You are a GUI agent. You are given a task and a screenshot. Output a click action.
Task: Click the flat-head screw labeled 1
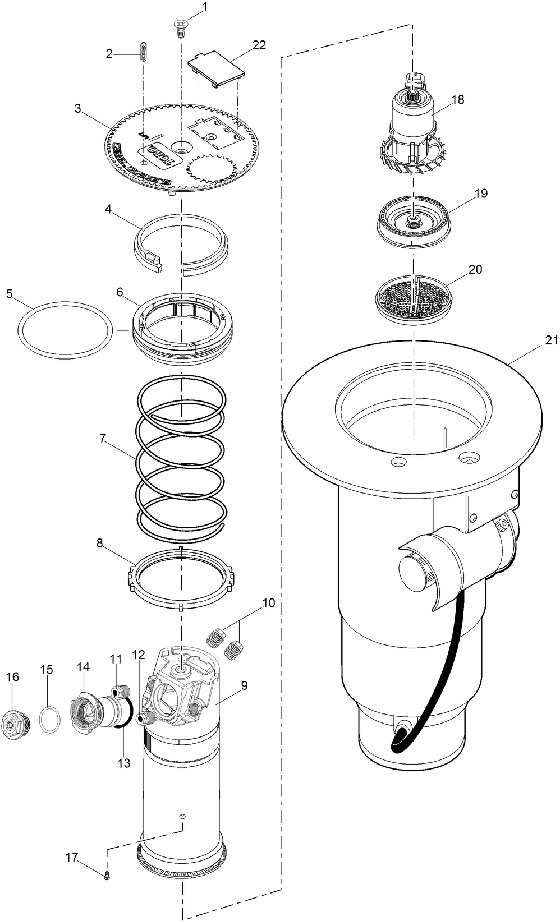pos(181,27)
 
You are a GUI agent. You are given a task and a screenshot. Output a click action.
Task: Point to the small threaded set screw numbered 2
pos(143,53)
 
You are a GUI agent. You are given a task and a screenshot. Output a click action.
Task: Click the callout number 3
pos(77,108)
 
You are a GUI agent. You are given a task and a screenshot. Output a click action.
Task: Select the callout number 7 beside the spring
pos(102,439)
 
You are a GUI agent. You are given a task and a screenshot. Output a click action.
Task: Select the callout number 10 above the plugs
pos(268,603)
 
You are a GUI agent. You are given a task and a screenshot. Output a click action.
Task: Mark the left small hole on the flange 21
pos(398,463)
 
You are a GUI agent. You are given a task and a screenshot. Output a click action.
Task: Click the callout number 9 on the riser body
pos(244,685)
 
